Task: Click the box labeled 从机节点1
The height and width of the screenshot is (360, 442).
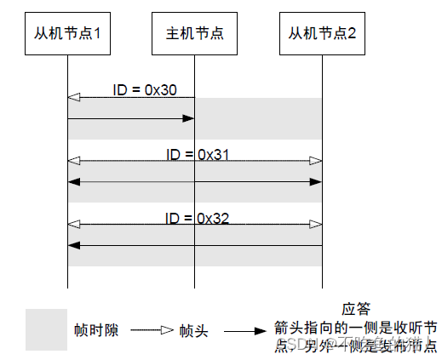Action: point(67,34)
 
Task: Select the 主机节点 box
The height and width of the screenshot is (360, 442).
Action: point(195,34)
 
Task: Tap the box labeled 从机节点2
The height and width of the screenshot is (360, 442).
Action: point(323,34)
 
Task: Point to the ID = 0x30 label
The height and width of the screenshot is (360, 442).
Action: point(145,89)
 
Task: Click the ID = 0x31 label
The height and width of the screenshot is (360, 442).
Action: point(198,154)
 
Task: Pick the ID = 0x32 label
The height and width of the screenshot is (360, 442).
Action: point(198,218)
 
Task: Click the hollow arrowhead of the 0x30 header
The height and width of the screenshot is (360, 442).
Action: point(74,98)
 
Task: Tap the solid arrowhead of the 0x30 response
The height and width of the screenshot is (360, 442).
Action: point(188,119)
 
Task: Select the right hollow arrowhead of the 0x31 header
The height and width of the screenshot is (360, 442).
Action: point(316,160)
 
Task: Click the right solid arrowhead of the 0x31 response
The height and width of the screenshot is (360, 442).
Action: point(316,181)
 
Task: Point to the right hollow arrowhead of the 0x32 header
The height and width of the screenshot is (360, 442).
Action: point(316,224)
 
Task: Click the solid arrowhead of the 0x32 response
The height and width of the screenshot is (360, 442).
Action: point(74,245)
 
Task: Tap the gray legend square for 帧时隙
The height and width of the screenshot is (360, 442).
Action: point(47,329)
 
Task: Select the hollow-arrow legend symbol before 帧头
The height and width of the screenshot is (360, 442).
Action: point(152,329)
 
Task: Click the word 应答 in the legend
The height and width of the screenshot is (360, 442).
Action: point(354,309)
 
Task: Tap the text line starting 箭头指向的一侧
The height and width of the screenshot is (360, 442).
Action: point(355,327)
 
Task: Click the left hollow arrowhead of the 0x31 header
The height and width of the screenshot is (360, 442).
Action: point(74,160)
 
